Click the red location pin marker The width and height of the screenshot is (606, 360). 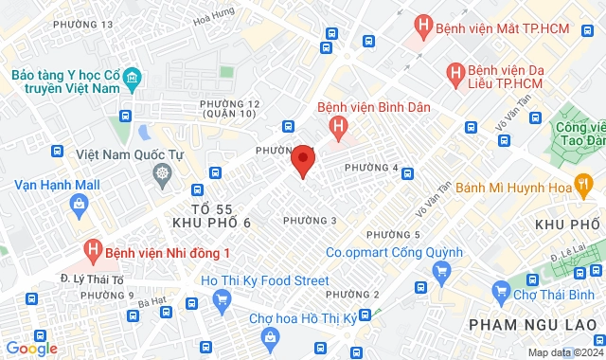click(x=302, y=160)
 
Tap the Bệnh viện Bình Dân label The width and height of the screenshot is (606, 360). click(x=373, y=106)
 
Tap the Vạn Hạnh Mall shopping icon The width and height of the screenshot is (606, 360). click(x=79, y=203)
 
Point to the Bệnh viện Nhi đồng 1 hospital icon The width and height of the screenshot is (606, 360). click(x=92, y=252)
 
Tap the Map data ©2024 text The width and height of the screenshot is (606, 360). click(x=563, y=352)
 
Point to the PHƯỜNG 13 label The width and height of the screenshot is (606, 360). click(x=83, y=24)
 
